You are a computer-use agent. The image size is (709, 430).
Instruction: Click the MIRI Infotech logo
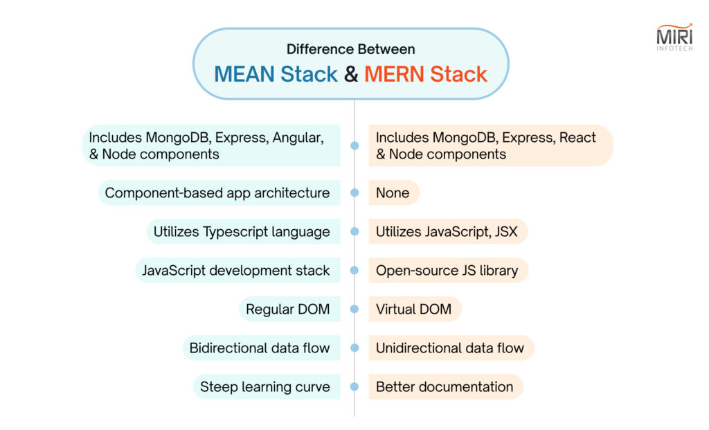(x=674, y=37)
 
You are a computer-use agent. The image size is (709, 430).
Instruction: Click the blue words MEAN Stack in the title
(x=276, y=74)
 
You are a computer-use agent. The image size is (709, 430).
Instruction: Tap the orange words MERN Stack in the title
(x=426, y=74)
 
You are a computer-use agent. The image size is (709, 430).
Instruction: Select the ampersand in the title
(x=351, y=74)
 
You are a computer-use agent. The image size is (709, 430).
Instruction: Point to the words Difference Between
(x=351, y=49)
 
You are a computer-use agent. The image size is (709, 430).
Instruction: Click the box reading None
(x=394, y=192)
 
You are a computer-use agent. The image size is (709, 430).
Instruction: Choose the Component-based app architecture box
(x=219, y=192)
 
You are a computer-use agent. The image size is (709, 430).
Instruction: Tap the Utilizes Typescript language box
(x=243, y=231)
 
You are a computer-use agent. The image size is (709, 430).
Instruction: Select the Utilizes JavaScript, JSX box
(x=448, y=231)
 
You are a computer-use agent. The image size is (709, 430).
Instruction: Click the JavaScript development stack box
(x=238, y=270)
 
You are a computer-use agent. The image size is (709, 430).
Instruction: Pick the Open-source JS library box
(x=449, y=270)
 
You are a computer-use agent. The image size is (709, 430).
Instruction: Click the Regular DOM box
(x=290, y=310)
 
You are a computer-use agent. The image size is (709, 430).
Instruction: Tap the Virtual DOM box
(x=415, y=310)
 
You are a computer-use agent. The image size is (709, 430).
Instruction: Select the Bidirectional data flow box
(x=261, y=348)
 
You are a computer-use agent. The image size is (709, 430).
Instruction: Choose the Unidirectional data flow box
(x=451, y=348)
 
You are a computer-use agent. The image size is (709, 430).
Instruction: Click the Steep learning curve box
(x=267, y=387)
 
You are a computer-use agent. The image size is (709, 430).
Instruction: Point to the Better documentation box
(x=446, y=387)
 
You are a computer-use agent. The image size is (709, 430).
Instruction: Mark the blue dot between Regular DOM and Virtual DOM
(x=354, y=310)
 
